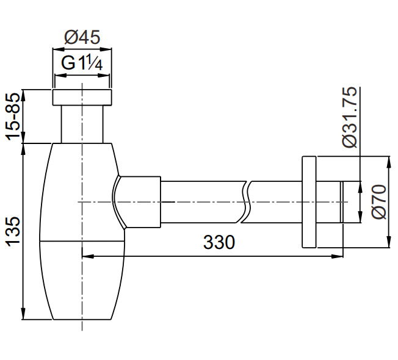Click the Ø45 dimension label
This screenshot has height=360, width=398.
pyautogui.click(x=82, y=37)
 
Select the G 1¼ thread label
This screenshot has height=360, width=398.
pyautogui.click(x=82, y=63)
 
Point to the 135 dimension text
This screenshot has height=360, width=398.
pyautogui.click(x=13, y=231)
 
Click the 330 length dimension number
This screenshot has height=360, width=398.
pyautogui.click(x=219, y=242)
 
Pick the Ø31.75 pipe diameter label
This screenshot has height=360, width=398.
pyautogui.click(x=350, y=117)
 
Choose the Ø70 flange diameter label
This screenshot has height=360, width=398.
pyautogui.click(x=379, y=202)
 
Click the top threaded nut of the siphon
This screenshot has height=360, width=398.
pyautogui.click(x=82, y=97)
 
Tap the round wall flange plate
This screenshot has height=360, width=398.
pyautogui.click(x=309, y=202)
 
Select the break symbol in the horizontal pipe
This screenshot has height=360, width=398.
pyautogui.click(x=244, y=202)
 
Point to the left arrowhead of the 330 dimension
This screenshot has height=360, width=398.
pyautogui.click(x=88, y=256)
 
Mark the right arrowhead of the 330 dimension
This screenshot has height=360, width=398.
pyautogui.click(x=338, y=256)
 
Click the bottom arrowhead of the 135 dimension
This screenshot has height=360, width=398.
pyautogui.click(x=23, y=314)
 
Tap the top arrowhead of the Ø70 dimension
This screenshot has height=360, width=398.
pyautogui.click(x=388, y=162)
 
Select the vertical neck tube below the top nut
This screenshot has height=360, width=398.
pyautogui.click(x=82, y=124)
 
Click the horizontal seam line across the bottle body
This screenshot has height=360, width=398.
pyautogui.click(x=82, y=241)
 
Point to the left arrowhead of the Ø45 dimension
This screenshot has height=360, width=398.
pyautogui.click(x=58, y=48)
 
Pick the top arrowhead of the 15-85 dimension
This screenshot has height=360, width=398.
pyautogui.click(x=23, y=95)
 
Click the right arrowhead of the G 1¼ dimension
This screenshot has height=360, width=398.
pyautogui.click(x=104, y=75)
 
